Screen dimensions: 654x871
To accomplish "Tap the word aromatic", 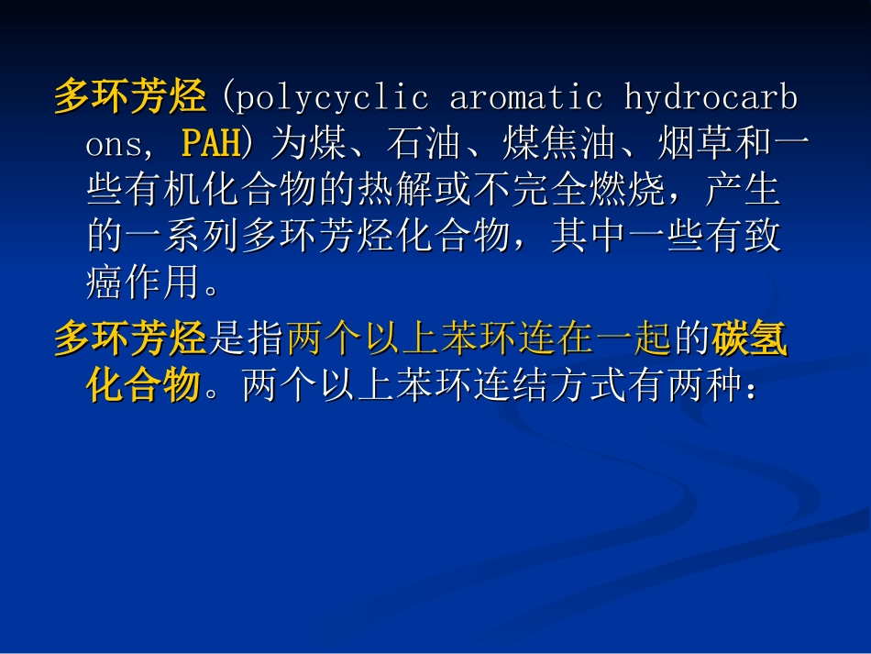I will [525, 97].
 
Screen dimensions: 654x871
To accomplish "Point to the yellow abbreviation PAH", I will [210, 144].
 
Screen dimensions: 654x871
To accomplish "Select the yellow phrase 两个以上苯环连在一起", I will [480, 339].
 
